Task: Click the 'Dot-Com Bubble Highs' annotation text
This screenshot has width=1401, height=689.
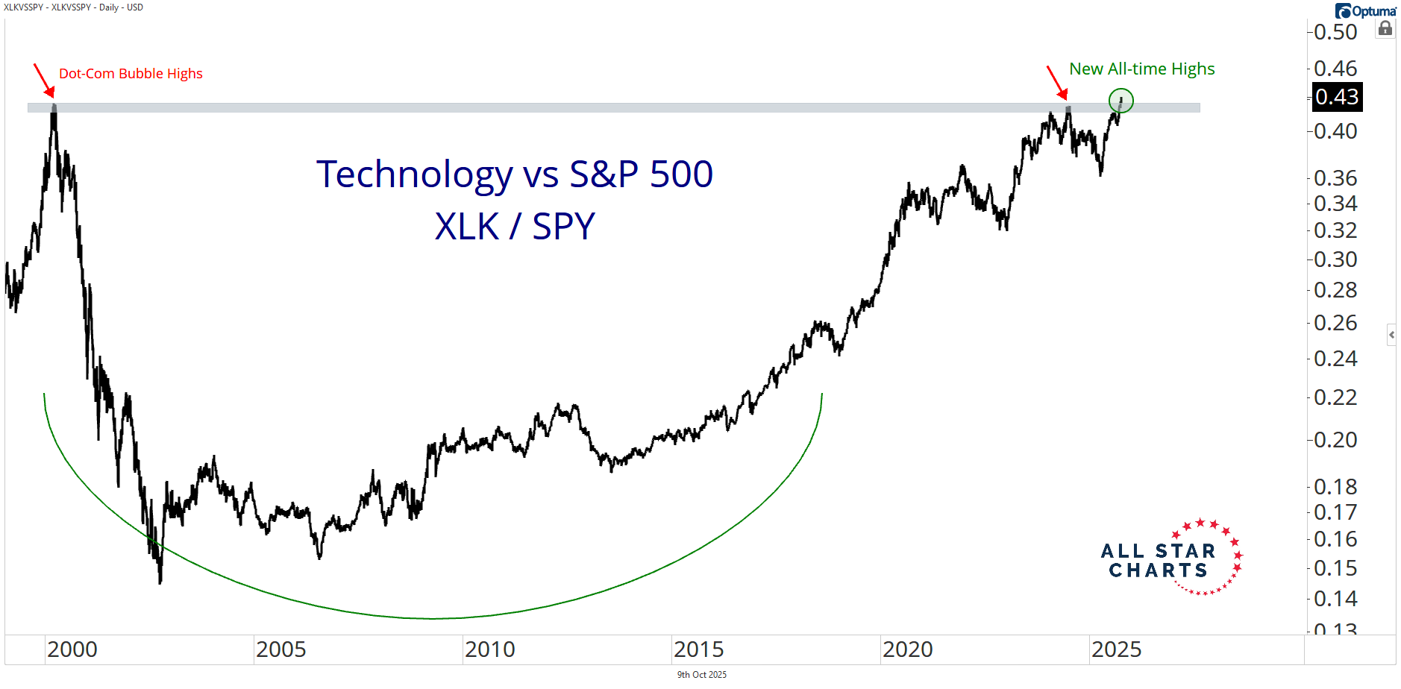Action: click(131, 74)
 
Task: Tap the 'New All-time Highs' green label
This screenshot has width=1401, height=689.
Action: click(1141, 69)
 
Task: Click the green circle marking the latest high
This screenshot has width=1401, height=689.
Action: click(1121, 100)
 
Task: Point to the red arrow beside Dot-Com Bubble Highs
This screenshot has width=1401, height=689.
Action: click(43, 81)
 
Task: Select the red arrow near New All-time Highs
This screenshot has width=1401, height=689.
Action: click(1056, 81)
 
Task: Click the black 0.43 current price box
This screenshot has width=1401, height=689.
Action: click(1337, 97)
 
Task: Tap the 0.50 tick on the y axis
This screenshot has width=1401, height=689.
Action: click(1335, 32)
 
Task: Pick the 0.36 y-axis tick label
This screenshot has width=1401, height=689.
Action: click(1335, 178)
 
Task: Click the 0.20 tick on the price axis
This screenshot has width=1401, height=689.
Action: click(1335, 440)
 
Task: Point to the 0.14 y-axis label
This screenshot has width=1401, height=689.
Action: click(1335, 599)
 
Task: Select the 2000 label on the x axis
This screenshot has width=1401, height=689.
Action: click(72, 649)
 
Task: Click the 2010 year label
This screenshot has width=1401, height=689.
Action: click(490, 649)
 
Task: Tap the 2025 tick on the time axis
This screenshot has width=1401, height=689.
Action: click(1117, 649)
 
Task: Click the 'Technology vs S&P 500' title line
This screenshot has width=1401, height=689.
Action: click(515, 174)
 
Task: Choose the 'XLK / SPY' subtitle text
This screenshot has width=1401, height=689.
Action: click(515, 227)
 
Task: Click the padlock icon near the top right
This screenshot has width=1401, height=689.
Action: click(1385, 28)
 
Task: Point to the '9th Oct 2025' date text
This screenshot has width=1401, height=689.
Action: click(701, 675)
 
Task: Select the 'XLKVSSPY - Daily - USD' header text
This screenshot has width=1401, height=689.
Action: click(73, 7)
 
